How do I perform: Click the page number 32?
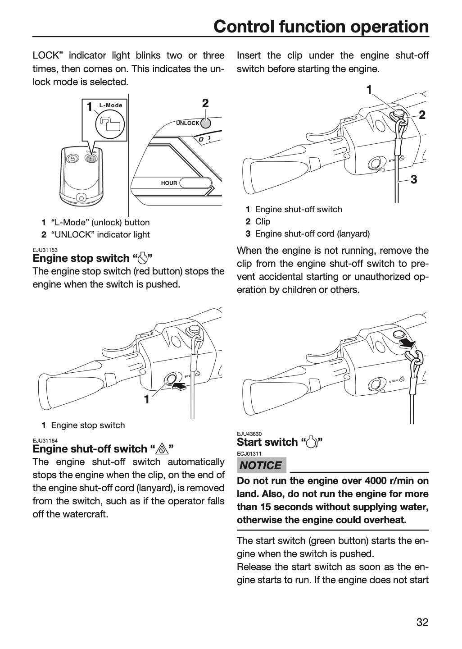(x=422, y=622)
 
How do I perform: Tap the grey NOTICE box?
(x=261, y=465)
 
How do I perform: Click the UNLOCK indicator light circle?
(x=206, y=123)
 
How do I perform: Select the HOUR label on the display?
(x=169, y=183)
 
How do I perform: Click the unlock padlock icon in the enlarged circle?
(x=110, y=124)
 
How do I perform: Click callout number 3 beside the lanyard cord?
(x=414, y=180)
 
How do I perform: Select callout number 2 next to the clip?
(x=422, y=115)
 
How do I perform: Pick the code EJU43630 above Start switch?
(x=249, y=434)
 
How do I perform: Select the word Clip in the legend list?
(x=263, y=222)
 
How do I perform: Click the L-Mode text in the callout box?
(x=111, y=105)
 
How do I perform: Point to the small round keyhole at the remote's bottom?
(x=82, y=198)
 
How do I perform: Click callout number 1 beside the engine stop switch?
(x=147, y=399)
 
